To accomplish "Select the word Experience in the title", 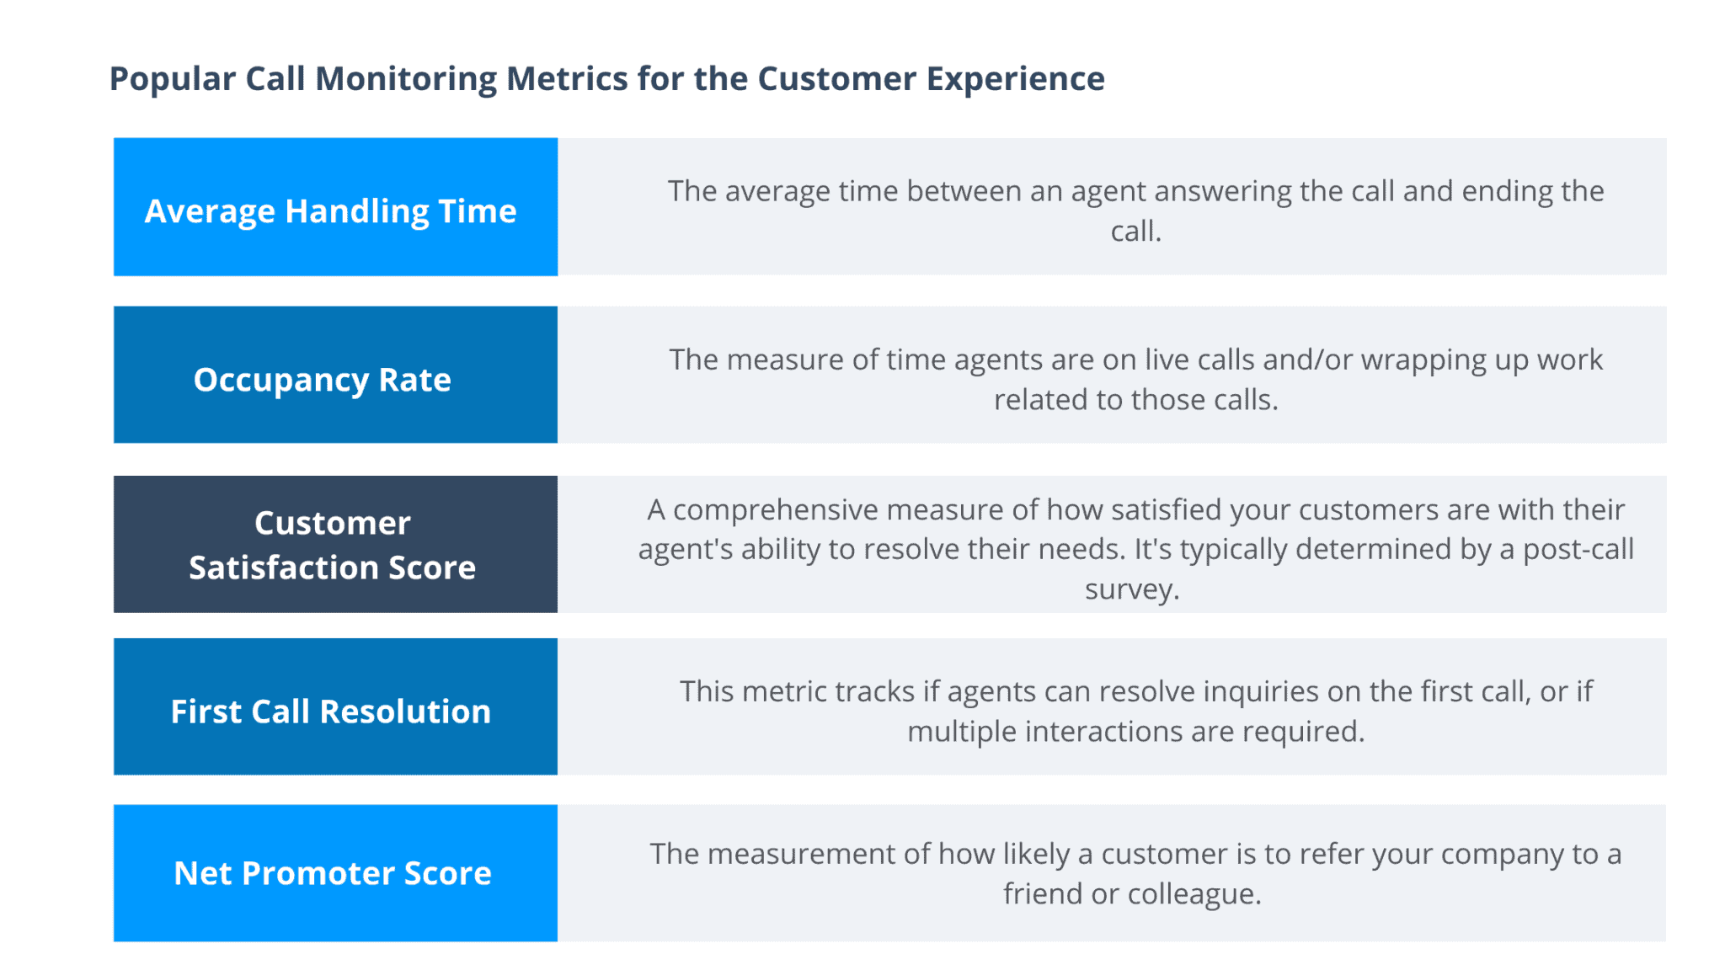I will coord(1015,79).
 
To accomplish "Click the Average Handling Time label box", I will coord(335,207).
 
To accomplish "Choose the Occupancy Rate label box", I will coord(335,376).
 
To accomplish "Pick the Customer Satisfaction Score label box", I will coord(335,544).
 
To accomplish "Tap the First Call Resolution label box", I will coord(335,707).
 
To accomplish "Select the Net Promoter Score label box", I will coord(335,873).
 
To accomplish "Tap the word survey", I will coord(1130,589).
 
